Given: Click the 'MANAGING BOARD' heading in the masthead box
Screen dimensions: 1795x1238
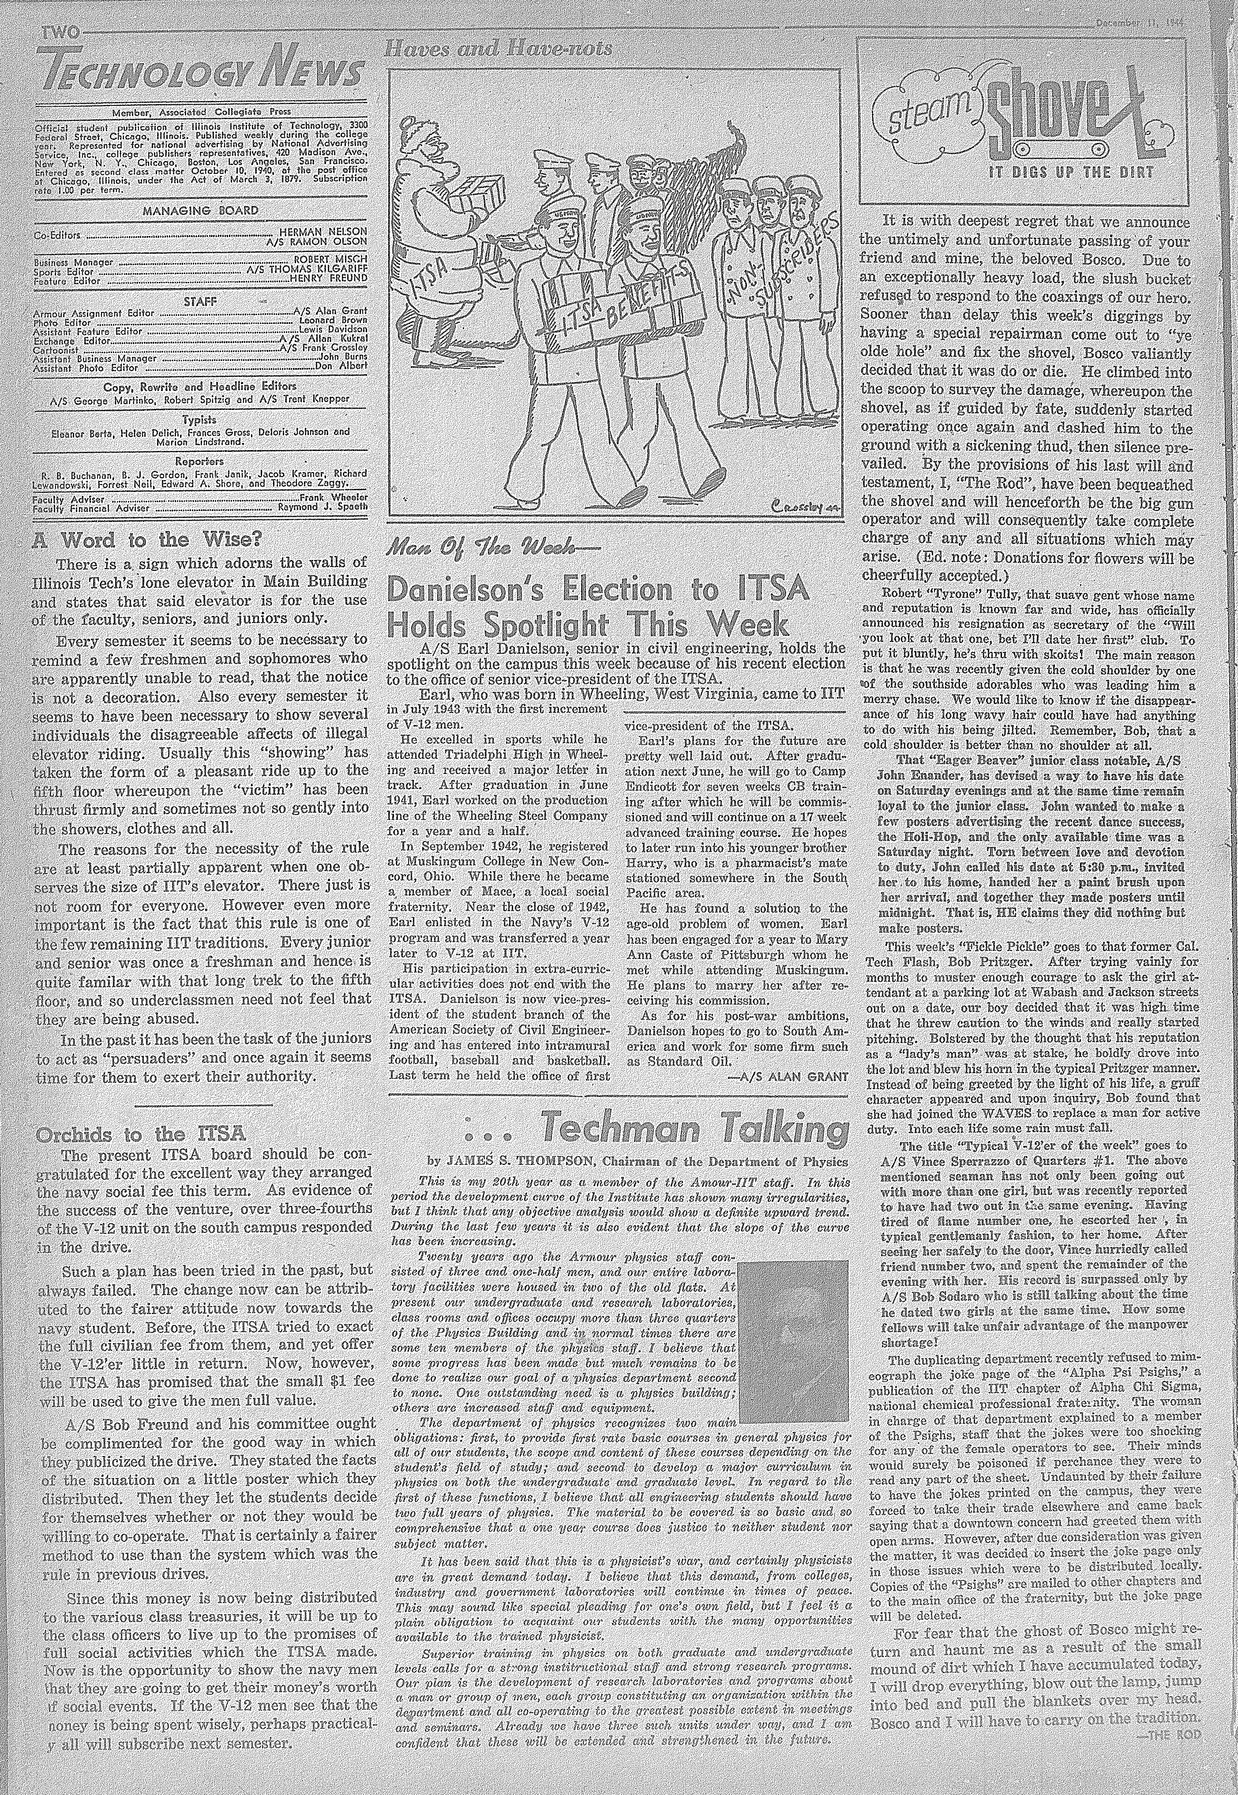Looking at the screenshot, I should pos(200,210).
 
